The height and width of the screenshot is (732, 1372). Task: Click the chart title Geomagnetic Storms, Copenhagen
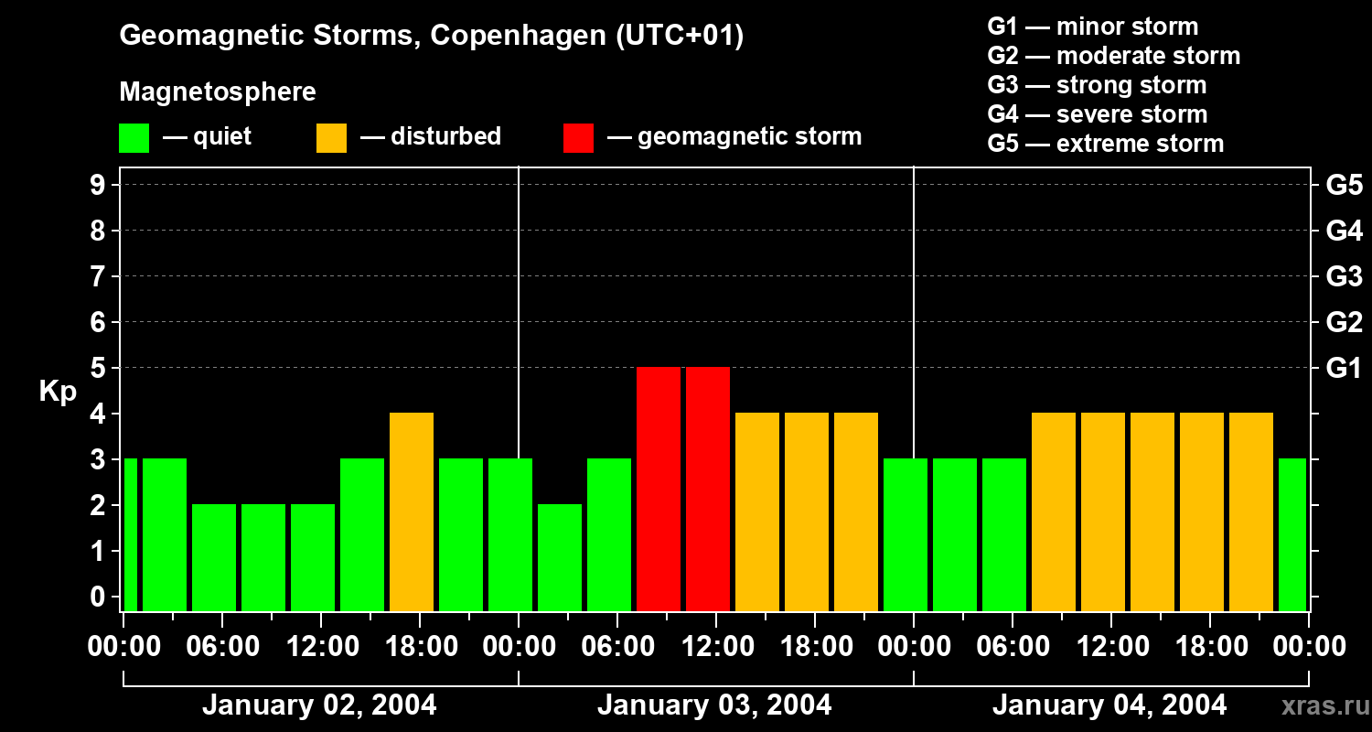(x=431, y=36)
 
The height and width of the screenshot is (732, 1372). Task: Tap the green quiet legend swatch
(x=134, y=138)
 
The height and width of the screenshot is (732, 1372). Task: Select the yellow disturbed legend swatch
(x=331, y=138)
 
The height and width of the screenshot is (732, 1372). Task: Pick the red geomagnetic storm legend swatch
(x=578, y=138)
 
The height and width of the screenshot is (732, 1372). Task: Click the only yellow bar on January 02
(x=412, y=511)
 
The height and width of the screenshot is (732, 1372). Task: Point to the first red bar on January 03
(x=659, y=489)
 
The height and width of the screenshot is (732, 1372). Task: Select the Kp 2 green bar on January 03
(x=560, y=557)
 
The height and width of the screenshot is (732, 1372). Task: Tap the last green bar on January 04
(x=1292, y=534)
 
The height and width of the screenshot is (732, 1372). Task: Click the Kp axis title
(x=58, y=392)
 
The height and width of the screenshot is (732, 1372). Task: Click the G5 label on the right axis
(x=1344, y=185)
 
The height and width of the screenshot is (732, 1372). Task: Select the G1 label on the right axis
(x=1344, y=368)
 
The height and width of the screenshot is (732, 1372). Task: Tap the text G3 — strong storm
(x=1097, y=85)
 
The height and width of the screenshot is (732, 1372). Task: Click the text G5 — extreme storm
(x=1105, y=144)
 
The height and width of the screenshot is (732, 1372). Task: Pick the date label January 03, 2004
(x=714, y=705)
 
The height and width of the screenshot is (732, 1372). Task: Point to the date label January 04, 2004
(x=1109, y=705)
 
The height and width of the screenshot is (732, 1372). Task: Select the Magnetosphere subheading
(x=218, y=92)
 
